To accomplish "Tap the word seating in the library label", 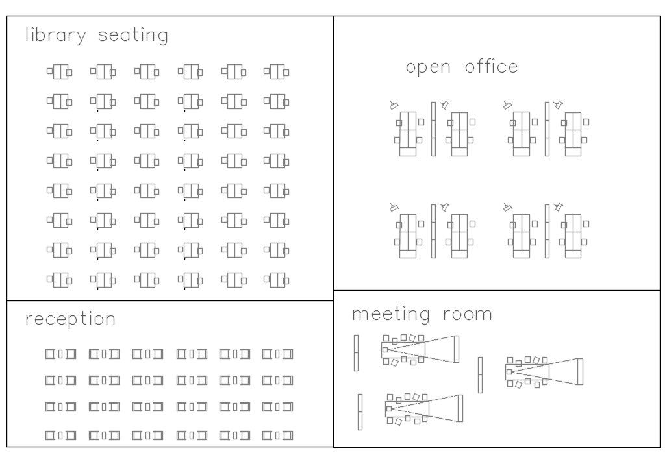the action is coord(132,35).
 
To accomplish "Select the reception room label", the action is coord(70,319).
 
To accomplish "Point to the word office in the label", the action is coord(492,66).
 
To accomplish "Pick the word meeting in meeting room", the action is coord(392,315).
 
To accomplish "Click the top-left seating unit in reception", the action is coord(60,354).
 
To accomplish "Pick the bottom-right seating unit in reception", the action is coord(278,434).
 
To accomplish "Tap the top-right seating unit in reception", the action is coord(278,354).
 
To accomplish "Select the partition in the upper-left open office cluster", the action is coord(433,129).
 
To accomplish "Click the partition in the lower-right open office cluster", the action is coord(547,231).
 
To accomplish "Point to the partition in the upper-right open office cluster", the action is coord(547,129).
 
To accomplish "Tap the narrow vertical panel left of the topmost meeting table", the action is coord(356,353).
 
